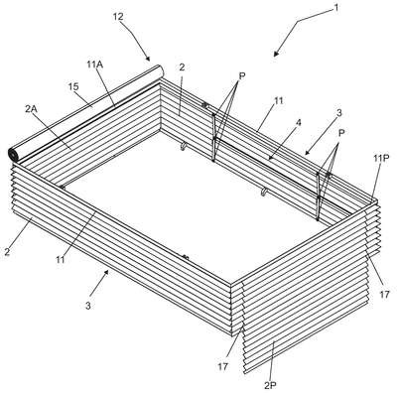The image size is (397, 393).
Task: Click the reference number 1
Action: pos(336,7)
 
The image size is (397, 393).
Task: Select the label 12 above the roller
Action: pos(118,17)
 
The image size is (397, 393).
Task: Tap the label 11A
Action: pos(95,65)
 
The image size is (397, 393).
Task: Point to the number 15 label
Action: pos(73,87)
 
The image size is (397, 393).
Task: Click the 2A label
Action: pos(31,109)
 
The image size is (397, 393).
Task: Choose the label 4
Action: pos(299,123)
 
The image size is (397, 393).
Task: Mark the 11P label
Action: pos(381,158)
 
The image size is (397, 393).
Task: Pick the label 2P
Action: pos(270,385)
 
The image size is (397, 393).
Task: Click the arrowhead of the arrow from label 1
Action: pos(277,53)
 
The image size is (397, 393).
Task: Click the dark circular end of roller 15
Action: pos(13,154)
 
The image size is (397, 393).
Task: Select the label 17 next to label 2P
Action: pos(223,366)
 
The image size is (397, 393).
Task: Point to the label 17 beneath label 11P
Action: pos(384,294)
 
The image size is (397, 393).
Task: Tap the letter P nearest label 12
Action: pos(242,75)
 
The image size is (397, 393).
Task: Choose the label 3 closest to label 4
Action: pos(338,113)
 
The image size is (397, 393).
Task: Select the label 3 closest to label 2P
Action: pos(88,306)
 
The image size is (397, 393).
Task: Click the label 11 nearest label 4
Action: pos(279,100)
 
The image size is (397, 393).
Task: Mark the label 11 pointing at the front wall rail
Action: pos(61,260)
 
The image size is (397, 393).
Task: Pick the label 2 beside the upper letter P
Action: pos(182,67)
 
